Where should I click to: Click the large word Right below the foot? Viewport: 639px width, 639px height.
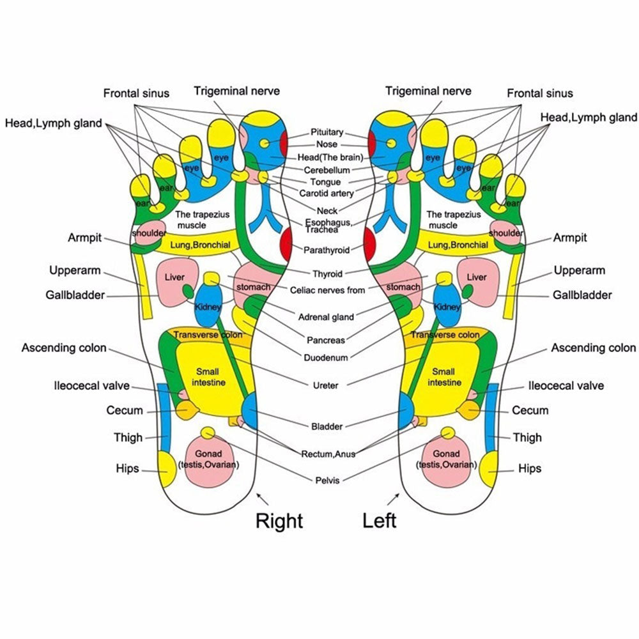click(x=279, y=521)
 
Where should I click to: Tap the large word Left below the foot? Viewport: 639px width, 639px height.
click(x=380, y=520)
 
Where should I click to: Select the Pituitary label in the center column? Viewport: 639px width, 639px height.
click(x=327, y=132)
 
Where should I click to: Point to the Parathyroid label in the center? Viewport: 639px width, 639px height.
click(x=327, y=250)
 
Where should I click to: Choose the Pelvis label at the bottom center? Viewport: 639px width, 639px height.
click(x=327, y=480)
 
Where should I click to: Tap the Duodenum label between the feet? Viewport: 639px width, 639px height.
click(x=327, y=358)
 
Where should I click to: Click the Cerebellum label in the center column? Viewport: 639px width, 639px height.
click(x=327, y=170)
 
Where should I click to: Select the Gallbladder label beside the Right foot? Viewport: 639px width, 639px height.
click(x=75, y=295)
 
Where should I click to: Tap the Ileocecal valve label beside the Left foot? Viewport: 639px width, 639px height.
click(x=566, y=386)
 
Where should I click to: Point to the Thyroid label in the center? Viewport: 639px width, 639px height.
click(x=327, y=274)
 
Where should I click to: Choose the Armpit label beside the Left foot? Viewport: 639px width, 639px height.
click(x=570, y=238)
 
